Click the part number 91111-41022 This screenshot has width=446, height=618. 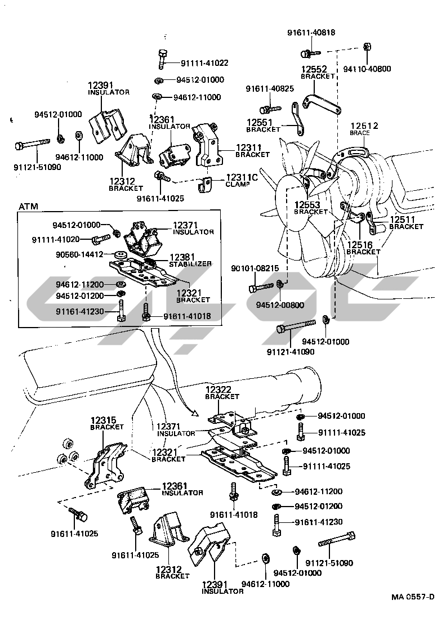pos(204,63)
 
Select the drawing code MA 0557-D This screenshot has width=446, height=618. pos(413,597)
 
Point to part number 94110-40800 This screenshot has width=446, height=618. pos(367,70)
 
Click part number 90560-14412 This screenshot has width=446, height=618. pos(79,254)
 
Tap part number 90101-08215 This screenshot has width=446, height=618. pos(255,268)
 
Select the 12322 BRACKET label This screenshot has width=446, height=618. pos(222,392)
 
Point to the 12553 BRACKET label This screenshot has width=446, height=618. pos(310,208)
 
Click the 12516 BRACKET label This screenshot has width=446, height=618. pos(363,248)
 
